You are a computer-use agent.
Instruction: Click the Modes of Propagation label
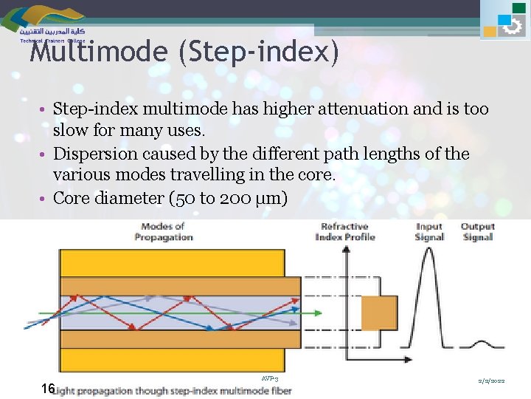click(163, 231)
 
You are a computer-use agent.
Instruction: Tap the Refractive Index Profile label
click(345, 231)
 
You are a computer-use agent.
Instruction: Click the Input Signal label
click(428, 231)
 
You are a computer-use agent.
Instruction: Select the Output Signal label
click(478, 231)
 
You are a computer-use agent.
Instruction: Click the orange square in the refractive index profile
click(379, 313)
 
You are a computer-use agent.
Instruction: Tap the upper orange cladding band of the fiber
click(180, 285)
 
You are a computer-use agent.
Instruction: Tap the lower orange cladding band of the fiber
click(180, 339)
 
